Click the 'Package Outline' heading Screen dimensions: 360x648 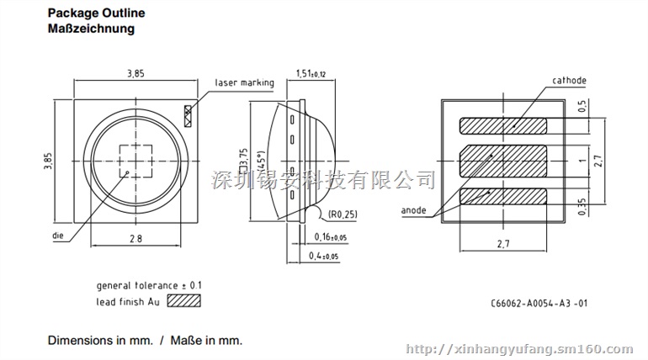click(x=96, y=13)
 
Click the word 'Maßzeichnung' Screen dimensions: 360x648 click(x=90, y=29)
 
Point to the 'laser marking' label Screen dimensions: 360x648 click(x=244, y=82)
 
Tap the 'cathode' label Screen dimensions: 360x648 click(x=569, y=81)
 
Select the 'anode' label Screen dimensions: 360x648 click(x=412, y=210)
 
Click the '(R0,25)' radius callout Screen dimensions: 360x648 click(x=343, y=214)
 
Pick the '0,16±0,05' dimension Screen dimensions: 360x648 click(x=330, y=238)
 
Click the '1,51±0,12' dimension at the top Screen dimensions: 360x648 click(x=312, y=73)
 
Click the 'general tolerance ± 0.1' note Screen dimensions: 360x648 click(x=148, y=285)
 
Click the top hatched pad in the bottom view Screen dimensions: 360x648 click(x=502, y=125)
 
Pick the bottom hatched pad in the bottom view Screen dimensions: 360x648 click(x=502, y=197)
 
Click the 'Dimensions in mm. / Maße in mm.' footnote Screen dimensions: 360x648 click(x=144, y=341)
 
